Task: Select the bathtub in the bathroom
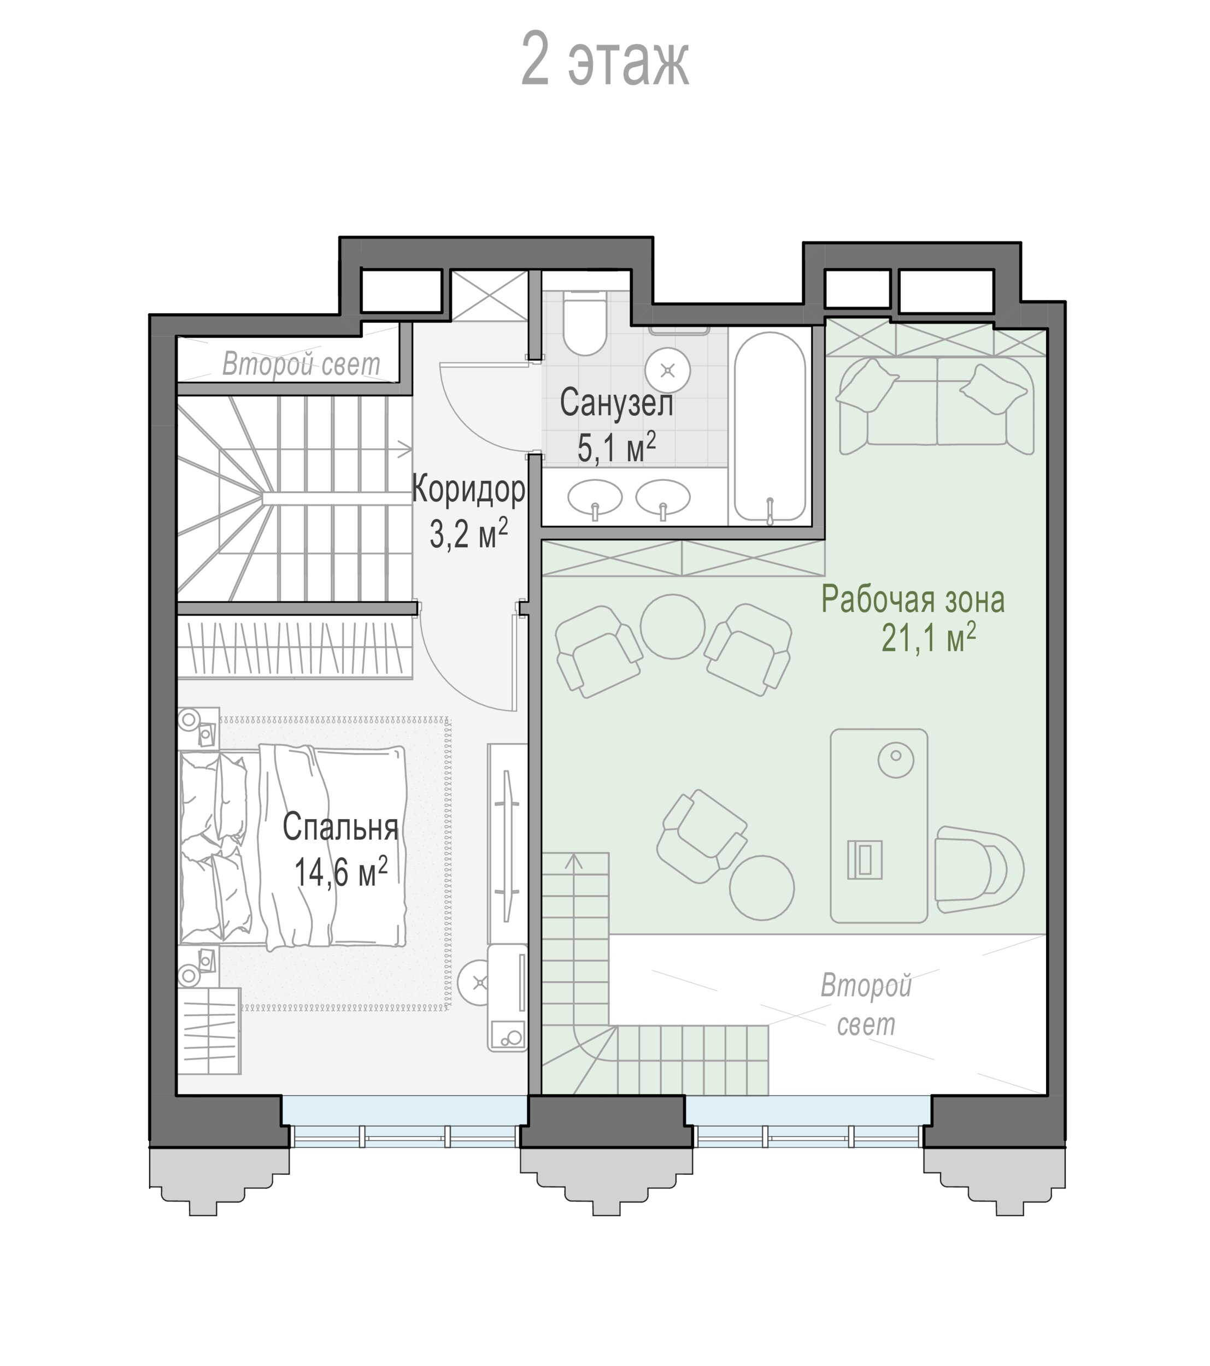[x=770, y=427]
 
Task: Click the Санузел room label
[x=616, y=403]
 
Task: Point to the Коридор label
[x=468, y=489]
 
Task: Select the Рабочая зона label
[x=913, y=599]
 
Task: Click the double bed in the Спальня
[x=293, y=847]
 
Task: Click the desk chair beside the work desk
[x=979, y=869]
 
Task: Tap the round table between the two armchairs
[x=673, y=627]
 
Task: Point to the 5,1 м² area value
[x=616, y=447]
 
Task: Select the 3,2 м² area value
[x=468, y=533]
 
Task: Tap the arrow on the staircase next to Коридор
[x=405, y=449]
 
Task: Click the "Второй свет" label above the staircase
[x=301, y=364]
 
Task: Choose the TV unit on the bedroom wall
[x=507, y=844]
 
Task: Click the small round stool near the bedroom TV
[x=479, y=982]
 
